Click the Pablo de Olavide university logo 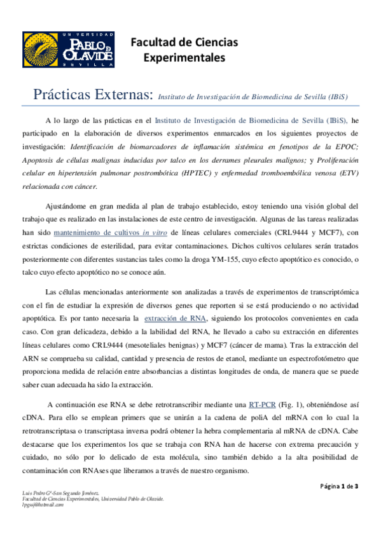click(69, 50)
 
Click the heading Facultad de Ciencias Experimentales click(184, 50)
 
